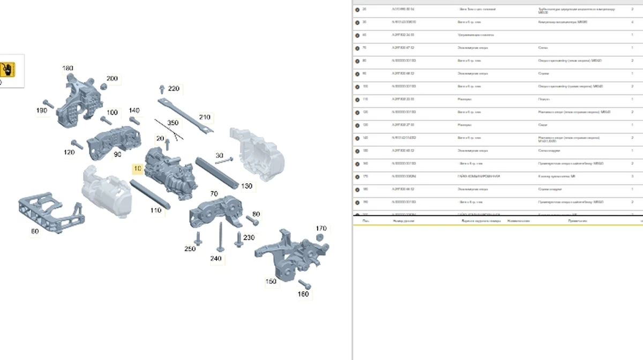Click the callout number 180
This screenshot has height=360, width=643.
tap(68, 68)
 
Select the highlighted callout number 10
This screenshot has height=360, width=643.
tap(138, 168)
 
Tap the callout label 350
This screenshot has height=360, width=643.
tap(173, 123)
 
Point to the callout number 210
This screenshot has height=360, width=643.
tap(205, 117)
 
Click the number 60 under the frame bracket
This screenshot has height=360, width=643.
tap(35, 231)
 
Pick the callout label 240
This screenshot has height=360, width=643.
tap(215, 259)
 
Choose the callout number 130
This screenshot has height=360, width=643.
tap(246, 186)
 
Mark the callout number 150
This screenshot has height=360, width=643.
tap(271, 281)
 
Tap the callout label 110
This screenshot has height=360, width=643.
tap(155, 211)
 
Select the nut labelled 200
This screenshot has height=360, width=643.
tap(103, 87)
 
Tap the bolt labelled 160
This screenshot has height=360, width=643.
tap(304, 283)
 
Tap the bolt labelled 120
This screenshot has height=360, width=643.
tap(78, 144)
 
